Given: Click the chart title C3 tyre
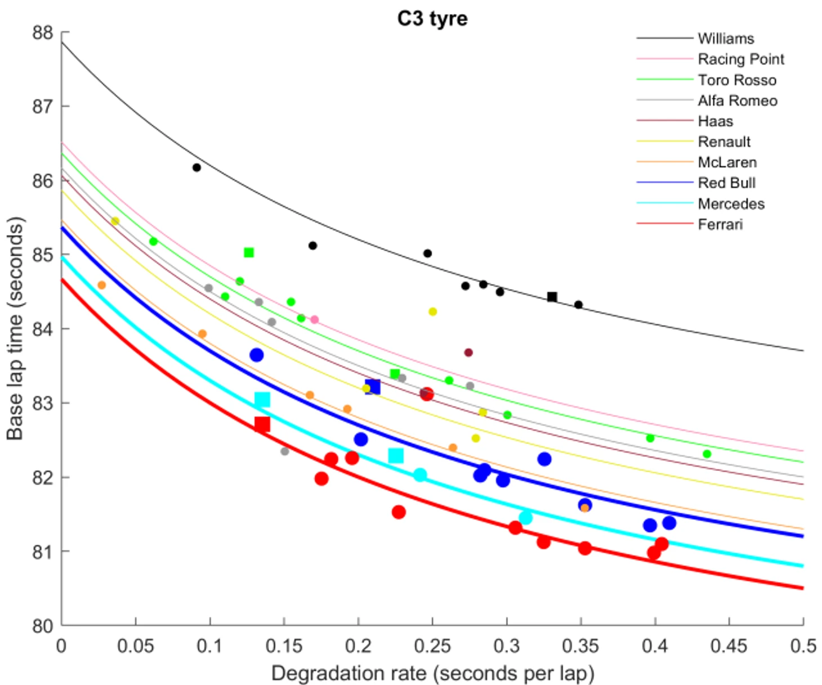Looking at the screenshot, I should click(432, 19).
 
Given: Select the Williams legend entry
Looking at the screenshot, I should click(726, 38).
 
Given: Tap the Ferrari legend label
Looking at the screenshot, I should click(720, 224).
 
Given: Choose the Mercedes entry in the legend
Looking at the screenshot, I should click(731, 203).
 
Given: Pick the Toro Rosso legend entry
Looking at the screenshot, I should click(737, 80).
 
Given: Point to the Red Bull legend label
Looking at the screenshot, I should click(726, 183).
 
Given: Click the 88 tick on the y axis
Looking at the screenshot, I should click(42, 33).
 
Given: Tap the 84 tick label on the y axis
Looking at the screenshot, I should click(42, 329).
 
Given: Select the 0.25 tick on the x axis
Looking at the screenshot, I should click(432, 646).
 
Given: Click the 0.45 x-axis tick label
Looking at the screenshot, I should click(729, 646).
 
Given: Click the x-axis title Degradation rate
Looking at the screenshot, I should click(432, 673).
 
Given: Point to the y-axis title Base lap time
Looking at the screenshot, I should click(15, 328).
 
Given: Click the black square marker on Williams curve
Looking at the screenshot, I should click(552, 297).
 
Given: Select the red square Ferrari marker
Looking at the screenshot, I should click(262, 424).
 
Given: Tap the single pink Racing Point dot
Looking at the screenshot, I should click(315, 320).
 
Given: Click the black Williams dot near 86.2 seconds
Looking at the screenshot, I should click(196, 167).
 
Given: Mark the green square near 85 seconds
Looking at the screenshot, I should click(249, 252).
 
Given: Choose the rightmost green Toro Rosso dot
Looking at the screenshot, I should click(707, 454).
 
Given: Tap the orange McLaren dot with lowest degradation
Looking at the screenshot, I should click(101, 285).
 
